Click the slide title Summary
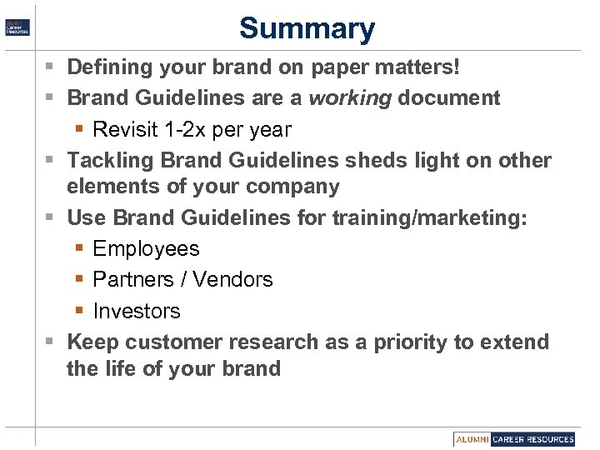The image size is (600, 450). pyautogui.click(x=307, y=28)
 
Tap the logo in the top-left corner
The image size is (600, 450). pyautogui.click(x=17, y=27)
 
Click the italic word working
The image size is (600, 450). pyautogui.click(x=350, y=98)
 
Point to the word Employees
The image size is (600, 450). pyautogui.click(x=147, y=248)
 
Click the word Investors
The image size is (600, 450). pyautogui.click(x=137, y=311)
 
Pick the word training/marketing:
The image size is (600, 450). pyautogui.click(x=430, y=217)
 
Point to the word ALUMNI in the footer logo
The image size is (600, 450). pyautogui.click(x=472, y=439)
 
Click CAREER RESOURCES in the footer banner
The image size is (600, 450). pyautogui.click(x=532, y=439)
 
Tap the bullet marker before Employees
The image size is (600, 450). pyautogui.click(x=79, y=249)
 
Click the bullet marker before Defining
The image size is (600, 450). pyautogui.click(x=52, y=66)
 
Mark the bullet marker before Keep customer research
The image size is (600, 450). pyautogui.click(x=52, y=342)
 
